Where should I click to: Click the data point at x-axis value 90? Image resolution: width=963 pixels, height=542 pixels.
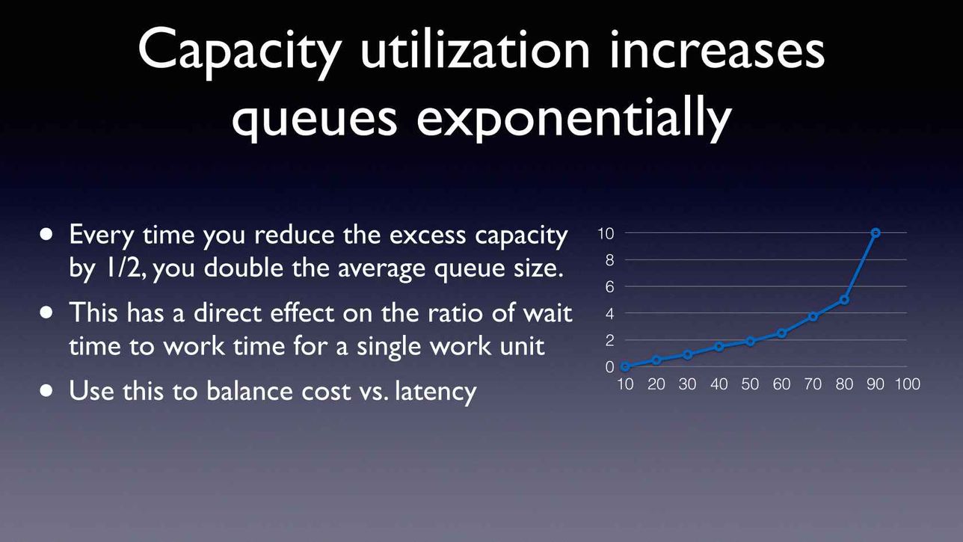click(876, 233)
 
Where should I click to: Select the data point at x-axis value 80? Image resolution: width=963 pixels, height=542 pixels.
click(844, 300)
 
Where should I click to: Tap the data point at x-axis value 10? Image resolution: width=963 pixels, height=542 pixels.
click(625, 366)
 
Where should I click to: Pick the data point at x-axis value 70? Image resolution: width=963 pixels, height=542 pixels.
click(813, 317)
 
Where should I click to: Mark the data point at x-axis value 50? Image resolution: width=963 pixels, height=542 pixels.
click(750, 342)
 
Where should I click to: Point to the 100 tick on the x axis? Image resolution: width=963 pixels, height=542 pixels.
click(907, 384)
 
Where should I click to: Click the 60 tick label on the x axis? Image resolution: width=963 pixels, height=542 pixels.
click(781, 384)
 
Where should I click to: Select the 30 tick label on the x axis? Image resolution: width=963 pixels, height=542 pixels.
click(687, 384)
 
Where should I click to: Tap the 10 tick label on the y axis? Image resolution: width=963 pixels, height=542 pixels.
click(606, 233)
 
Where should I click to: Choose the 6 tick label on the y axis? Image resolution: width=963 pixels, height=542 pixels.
click(609, 286)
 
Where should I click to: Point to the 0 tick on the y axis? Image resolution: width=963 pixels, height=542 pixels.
click(609, 367)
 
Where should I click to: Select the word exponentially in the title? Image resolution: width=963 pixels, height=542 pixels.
click(574, 116)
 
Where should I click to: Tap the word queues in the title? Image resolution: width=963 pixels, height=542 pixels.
click(314, 120)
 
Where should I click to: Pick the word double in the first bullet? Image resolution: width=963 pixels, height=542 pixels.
click(243, 268)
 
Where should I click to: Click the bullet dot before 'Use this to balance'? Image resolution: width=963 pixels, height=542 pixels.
click(46, 391)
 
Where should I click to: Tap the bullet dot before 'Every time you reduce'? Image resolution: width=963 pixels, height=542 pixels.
click(46, 235)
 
